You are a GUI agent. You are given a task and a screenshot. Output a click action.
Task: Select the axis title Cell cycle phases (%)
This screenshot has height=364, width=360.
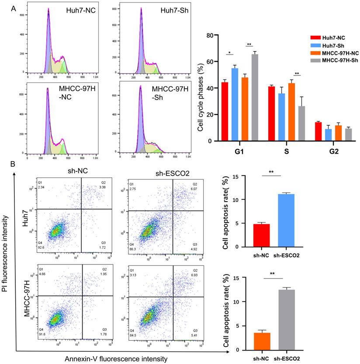point(200,89)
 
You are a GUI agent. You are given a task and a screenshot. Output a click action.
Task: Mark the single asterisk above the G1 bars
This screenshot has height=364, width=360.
point(229,52)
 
